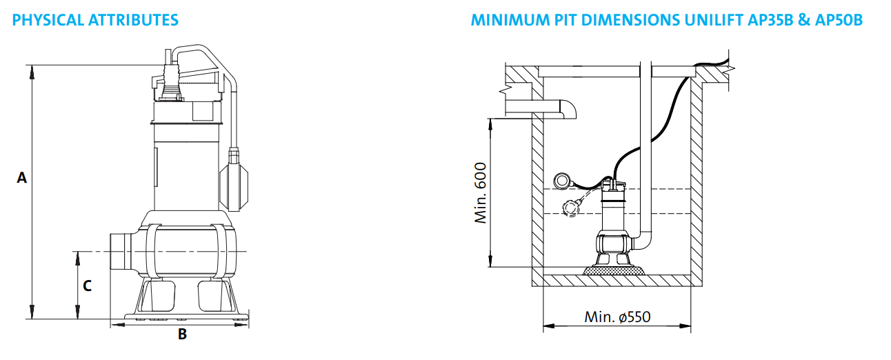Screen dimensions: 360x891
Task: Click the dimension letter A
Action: tap(22, 178)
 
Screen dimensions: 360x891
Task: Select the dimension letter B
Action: tap(182, 334)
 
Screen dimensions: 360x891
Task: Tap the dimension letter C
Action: tap(88, 285)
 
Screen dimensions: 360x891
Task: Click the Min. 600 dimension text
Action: tap(481, 193)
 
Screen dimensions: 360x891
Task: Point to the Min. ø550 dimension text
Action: tap(617, 317)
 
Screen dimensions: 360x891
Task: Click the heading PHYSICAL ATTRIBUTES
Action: tap(95, 20)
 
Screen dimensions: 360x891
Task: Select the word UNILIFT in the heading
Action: tap(711, 20)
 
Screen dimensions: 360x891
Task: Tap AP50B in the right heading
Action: tap(839, 20)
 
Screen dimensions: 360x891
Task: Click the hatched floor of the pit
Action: tap(617, 280)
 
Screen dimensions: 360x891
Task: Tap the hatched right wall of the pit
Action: tap(696, 179)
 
